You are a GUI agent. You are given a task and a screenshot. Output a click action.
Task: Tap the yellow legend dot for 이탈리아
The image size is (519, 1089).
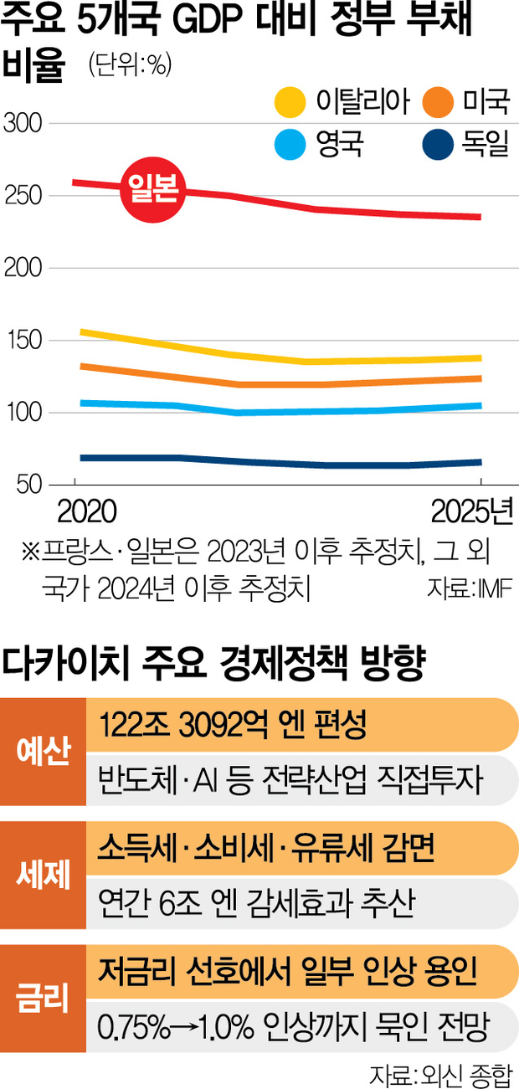click(x=290, y=103)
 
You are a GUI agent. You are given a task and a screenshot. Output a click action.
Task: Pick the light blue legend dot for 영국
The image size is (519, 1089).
click(x=290, y=146)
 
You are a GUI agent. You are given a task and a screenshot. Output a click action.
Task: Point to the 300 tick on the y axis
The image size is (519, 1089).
click(x=24, y=124)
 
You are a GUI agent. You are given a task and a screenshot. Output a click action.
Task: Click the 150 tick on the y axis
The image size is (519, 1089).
click(x=24, y=341)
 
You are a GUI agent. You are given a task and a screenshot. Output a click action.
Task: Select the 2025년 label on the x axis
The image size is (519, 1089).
click(x=472, y=511)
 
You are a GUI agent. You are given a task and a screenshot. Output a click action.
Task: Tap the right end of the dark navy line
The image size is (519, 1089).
click(x=480, y=462)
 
